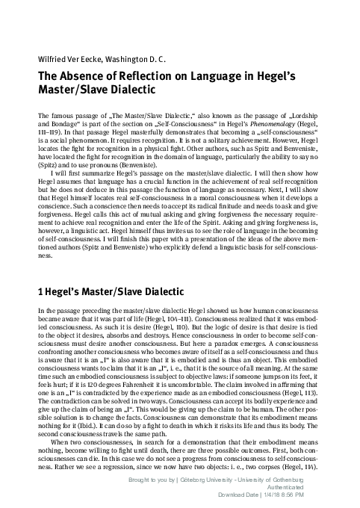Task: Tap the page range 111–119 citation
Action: click(x=48, y=132)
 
